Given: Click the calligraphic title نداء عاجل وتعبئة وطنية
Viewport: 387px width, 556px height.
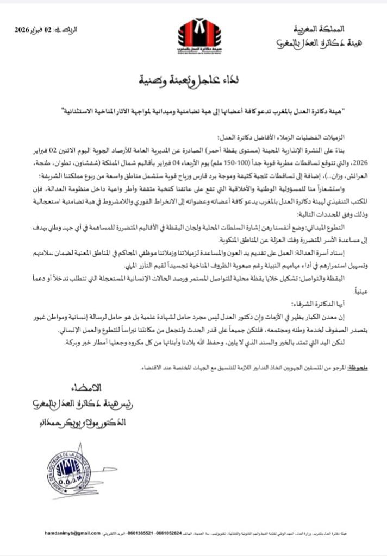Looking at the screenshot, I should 193,82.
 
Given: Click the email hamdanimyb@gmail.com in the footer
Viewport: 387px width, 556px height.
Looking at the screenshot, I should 73,533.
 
